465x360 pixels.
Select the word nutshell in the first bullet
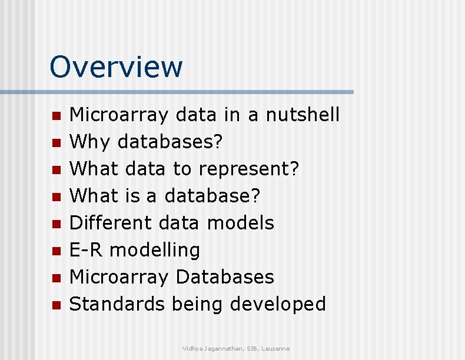(x=303, y=115)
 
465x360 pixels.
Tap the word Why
(x=91, y=142)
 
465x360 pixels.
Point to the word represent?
(x=249, y=169)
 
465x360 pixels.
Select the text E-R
(x=87, y=250)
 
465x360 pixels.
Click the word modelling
(x=155, y=250)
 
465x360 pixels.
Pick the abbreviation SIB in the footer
(x=251, y=349)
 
